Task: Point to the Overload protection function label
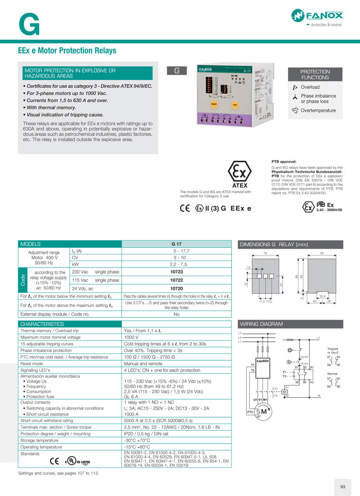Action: pos(310,87)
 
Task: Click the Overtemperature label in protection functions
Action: pos(318,111)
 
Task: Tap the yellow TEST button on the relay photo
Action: pos(235,104)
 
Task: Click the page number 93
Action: pos(343,487)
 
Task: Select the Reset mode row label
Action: pos(33,364)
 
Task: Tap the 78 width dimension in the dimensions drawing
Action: pos(265,253)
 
